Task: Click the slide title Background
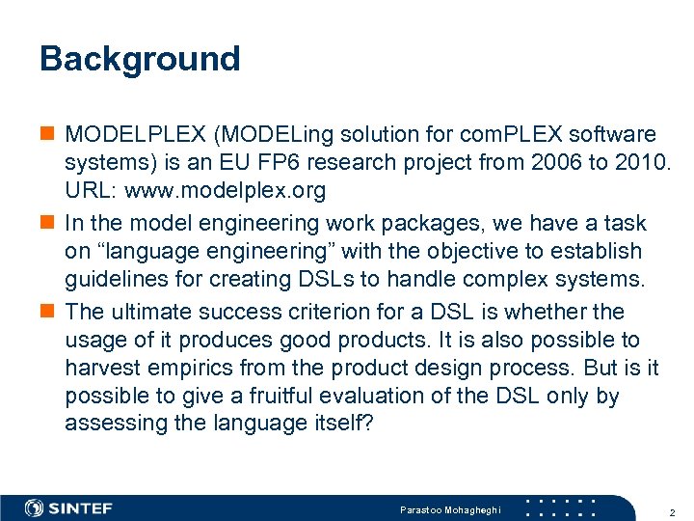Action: tap(140, 59)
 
